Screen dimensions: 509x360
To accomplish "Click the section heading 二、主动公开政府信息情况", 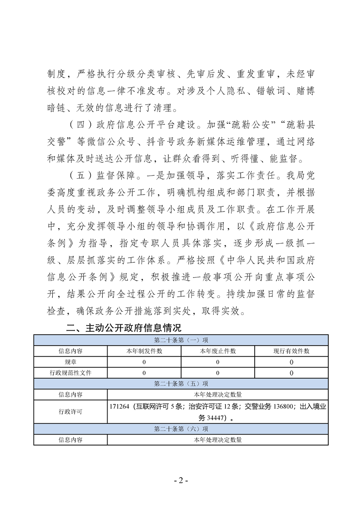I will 123,328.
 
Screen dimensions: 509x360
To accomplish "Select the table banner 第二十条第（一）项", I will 181,340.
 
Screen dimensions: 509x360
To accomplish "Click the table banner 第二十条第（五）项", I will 181,384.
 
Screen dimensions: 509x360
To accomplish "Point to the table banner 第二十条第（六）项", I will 181,429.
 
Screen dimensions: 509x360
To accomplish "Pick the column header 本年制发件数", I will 144,351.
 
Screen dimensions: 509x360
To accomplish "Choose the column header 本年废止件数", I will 217,351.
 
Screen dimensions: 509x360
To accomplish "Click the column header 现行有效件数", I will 291,351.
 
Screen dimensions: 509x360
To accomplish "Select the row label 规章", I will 70,362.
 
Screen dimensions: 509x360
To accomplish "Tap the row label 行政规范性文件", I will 70,373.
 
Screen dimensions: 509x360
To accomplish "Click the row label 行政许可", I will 70,412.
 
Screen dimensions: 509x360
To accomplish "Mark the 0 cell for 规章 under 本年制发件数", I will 144,362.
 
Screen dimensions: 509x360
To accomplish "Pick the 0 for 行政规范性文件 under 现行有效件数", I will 291,373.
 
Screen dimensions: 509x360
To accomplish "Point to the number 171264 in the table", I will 119,407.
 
